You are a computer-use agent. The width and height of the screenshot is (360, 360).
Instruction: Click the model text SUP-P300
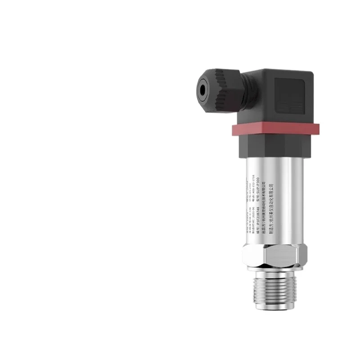coord(264,185)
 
